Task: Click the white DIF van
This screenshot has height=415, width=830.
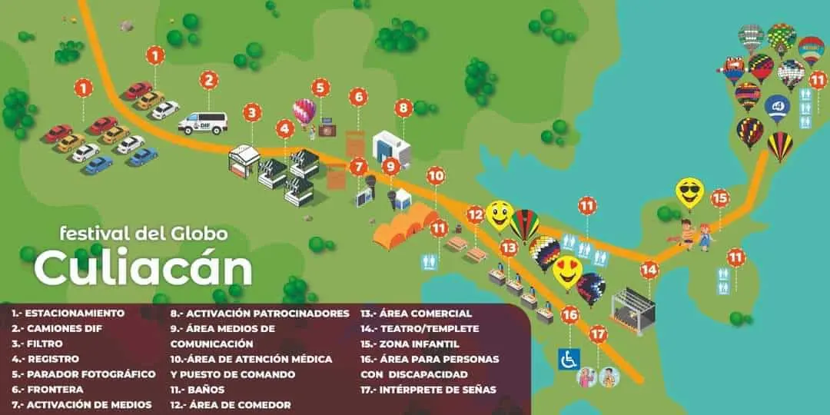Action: click(x=203, y=123)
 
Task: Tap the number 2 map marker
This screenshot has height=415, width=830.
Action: click(x=209, y=80)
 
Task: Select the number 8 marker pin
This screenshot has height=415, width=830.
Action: click(x=403, y=108)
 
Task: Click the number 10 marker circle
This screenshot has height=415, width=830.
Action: click(x=436, y=176)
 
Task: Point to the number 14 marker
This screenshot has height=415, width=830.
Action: click(x=649, y=270)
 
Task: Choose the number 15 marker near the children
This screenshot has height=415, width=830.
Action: click(x=719, y=198)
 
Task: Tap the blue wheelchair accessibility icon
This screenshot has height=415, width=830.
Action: click(x=569, y=359)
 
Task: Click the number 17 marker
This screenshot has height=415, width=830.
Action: click(x=599, y=335)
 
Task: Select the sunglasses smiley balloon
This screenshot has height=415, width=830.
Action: click(x=689, y=191)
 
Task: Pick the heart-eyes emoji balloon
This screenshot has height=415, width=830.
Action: click(x=567, y=271)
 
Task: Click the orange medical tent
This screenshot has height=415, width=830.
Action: click(x=405, y=227)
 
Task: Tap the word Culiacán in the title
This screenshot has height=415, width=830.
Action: click(x=143, y=268)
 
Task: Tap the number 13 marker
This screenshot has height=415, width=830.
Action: click(x=509, y=248)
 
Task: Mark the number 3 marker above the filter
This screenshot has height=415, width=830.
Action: click(x=252, y=113)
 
